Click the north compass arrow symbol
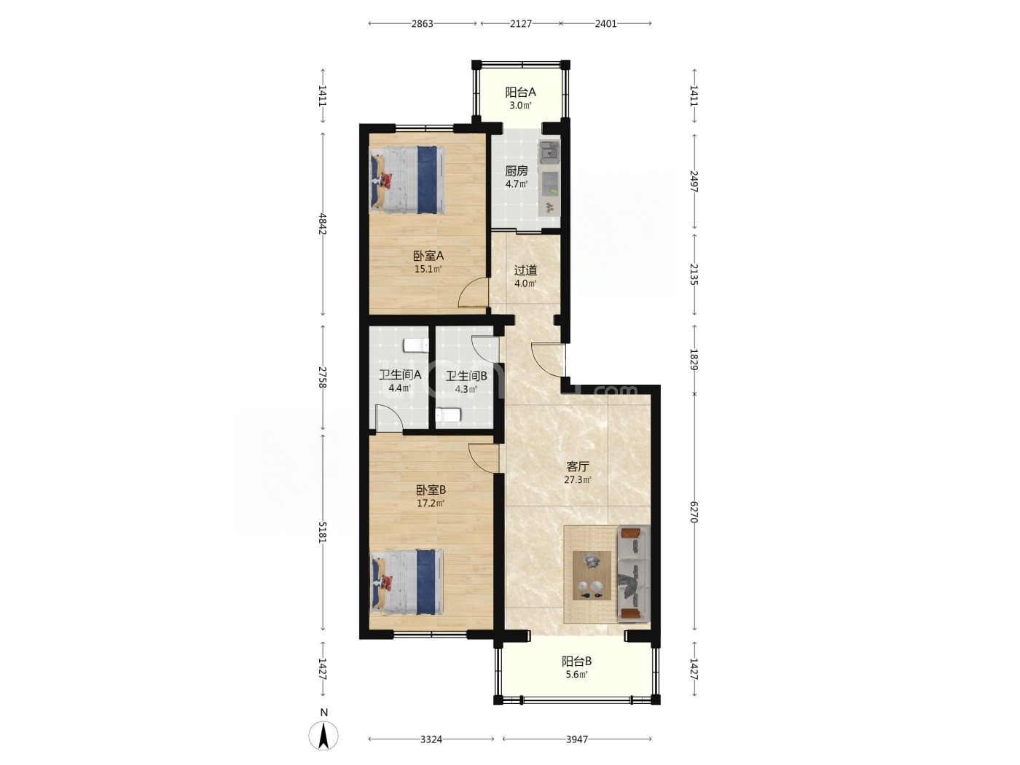323,735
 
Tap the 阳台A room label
520,92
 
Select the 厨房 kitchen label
517,170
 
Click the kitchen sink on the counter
549,151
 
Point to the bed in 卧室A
407,180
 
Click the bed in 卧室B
407,583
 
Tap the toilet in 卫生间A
416,345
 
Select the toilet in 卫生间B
448,415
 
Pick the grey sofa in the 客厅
633,573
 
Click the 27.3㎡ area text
577,480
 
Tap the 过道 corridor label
525,270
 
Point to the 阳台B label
576,661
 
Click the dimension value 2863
422,24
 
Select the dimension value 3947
577,739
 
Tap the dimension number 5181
323,533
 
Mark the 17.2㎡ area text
431,503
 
